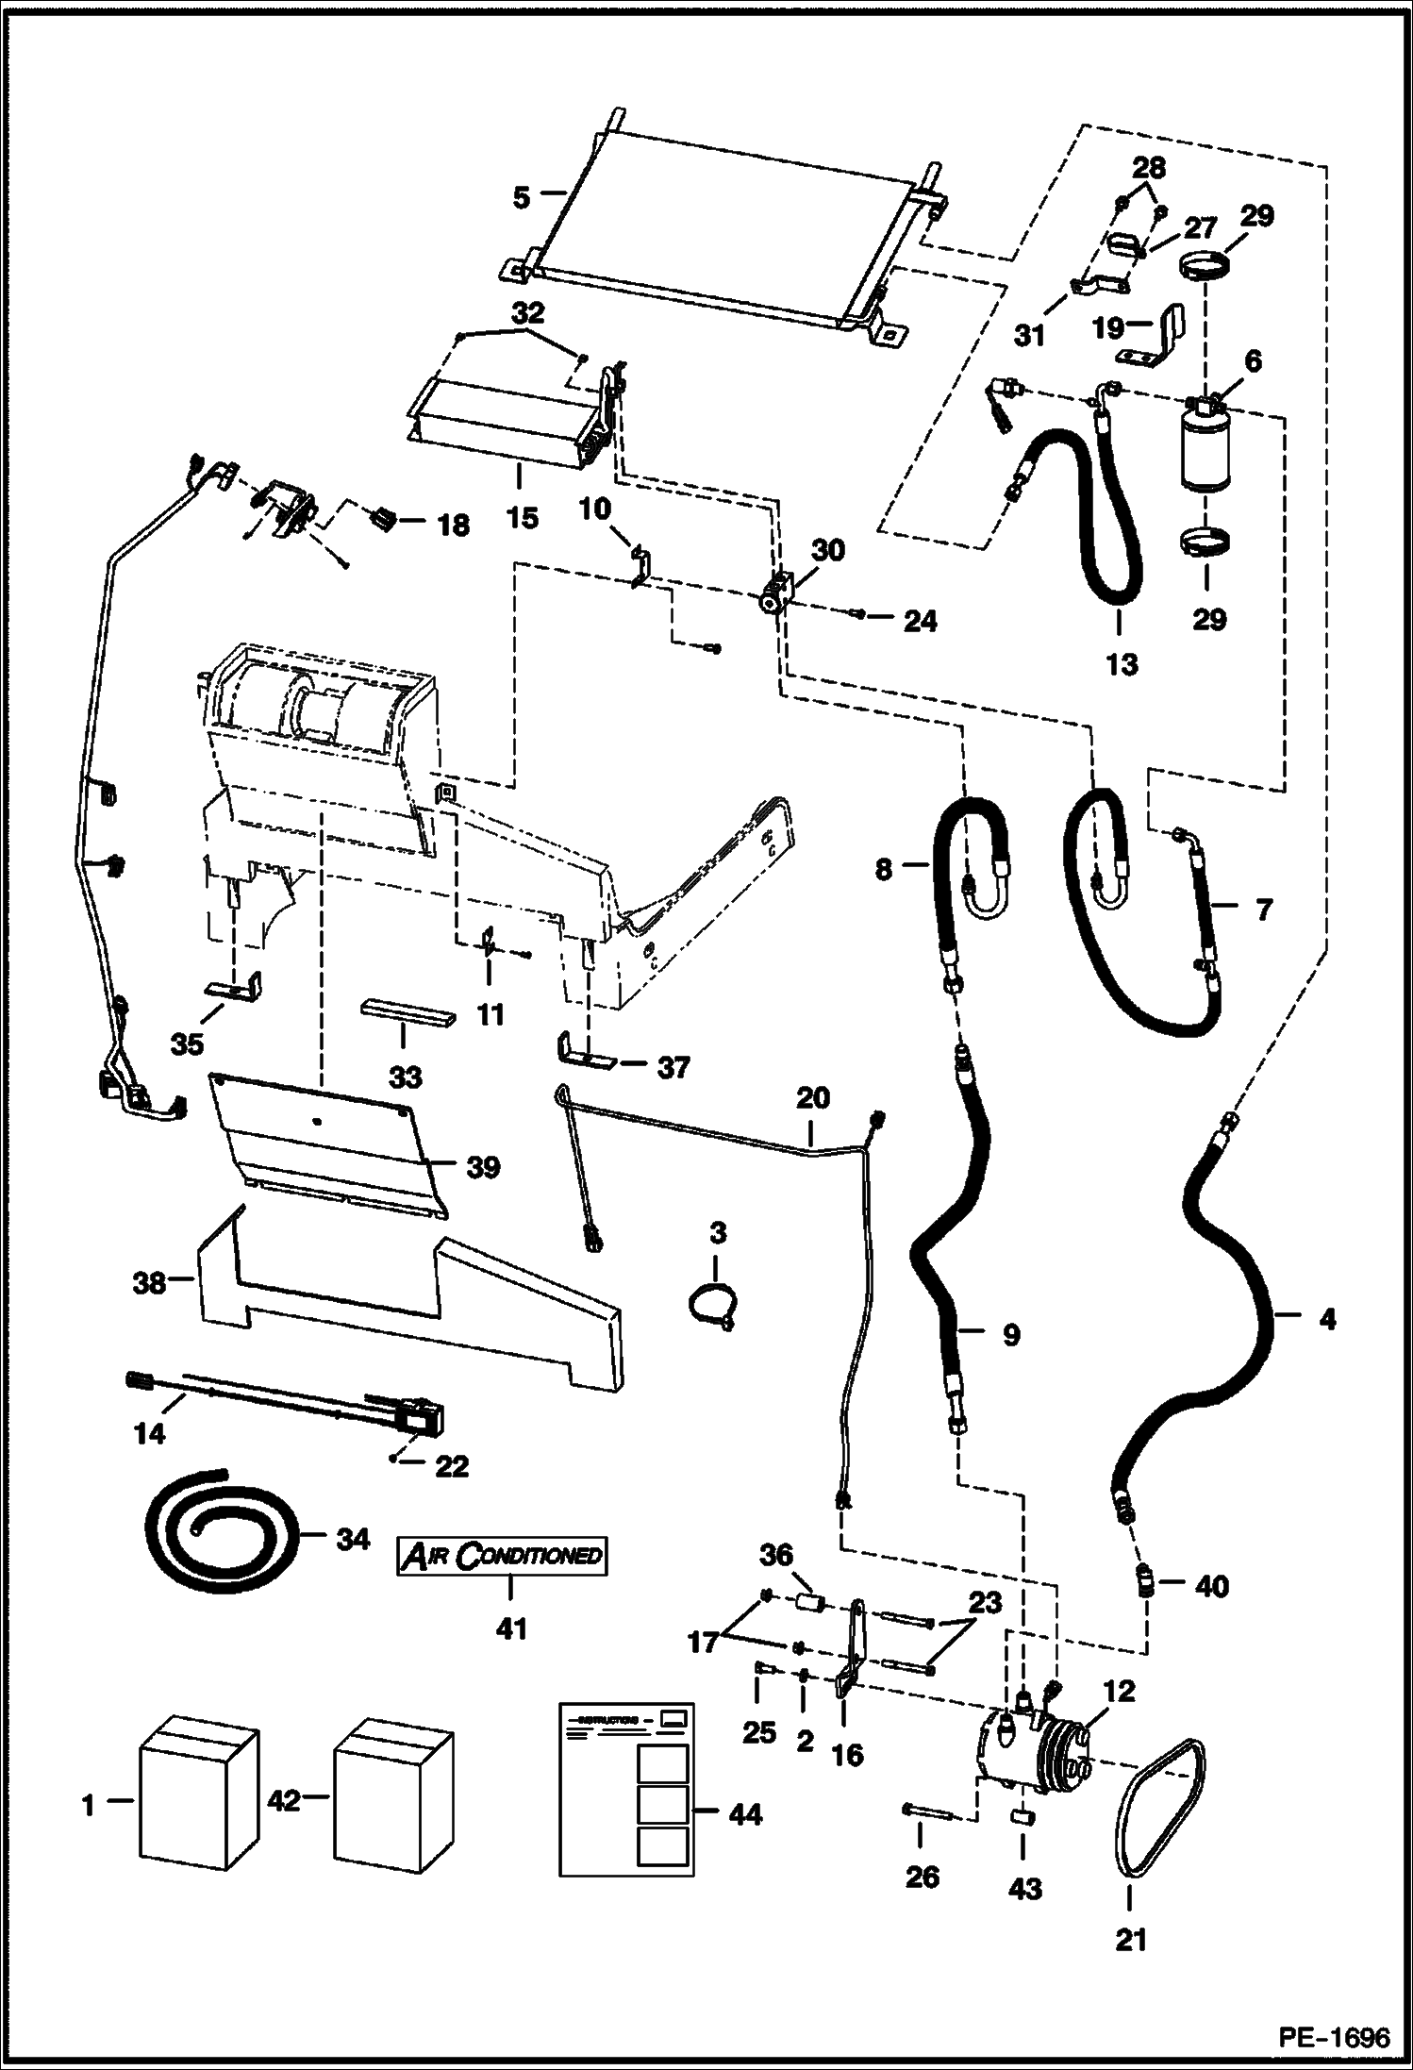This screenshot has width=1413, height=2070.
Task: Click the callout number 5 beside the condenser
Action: [x=522, y=197]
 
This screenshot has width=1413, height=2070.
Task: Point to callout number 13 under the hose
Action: [x=1122, y=664]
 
